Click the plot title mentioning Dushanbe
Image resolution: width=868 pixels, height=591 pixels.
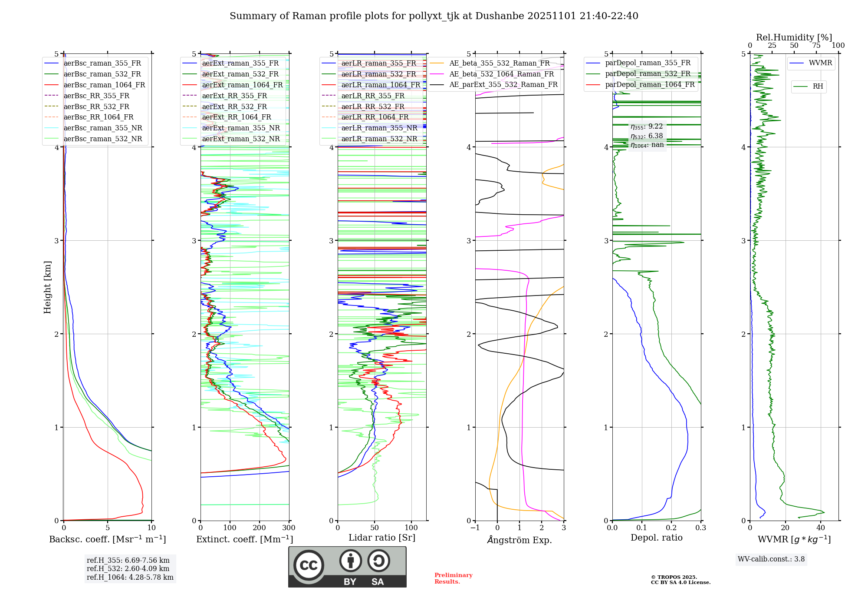[434, 16]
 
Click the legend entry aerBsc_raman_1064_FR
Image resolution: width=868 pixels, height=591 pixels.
[104, 85]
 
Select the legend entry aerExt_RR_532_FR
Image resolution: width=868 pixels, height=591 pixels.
[234, 106]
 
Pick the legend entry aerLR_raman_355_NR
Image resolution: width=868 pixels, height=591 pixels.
[379, 128]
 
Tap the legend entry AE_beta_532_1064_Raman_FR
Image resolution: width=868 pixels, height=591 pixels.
[501, 74]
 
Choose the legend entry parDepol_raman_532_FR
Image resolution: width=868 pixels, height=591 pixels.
[648, 74]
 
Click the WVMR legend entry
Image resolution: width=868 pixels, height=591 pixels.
[820, 63]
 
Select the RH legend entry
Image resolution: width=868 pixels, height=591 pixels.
[818, 86]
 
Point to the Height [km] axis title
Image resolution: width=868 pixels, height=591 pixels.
[47, 287]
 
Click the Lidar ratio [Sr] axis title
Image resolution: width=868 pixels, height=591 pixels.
[381, 538]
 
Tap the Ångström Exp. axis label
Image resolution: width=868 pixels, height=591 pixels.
[519, 540]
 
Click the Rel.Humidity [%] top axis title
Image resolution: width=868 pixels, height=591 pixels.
[794, 37]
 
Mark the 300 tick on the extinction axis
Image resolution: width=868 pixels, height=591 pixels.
[289, 528]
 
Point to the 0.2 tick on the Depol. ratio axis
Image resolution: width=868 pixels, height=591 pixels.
[671, 528]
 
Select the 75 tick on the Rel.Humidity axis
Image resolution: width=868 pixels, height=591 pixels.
[816, 46]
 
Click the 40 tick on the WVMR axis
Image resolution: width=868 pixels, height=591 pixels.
[820, 528]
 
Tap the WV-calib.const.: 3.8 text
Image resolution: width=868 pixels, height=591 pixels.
[771, 559]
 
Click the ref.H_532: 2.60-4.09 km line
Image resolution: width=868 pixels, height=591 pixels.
[128, 569]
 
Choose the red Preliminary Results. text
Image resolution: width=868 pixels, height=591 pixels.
[453, 578]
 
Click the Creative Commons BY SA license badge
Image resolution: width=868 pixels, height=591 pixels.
[347, 567]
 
